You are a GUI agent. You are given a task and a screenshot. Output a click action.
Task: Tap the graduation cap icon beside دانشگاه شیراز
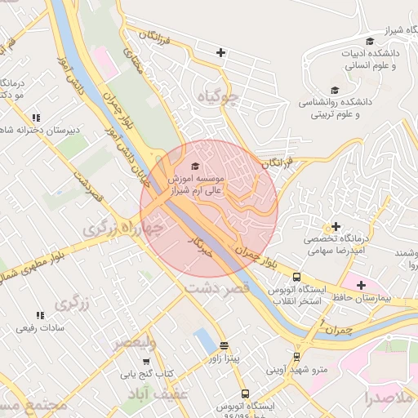coord(369,42)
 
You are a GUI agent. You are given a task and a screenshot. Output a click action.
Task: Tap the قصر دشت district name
coord(216,289)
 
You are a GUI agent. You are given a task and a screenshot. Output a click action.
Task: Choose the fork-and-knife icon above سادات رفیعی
coord(39,315)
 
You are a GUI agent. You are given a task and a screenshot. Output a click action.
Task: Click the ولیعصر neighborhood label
coord(135,342)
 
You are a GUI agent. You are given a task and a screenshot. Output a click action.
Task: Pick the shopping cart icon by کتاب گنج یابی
coord(146,361)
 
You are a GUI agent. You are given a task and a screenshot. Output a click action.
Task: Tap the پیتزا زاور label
coord(224,358)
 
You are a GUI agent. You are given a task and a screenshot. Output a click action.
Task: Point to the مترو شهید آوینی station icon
coord(296,356)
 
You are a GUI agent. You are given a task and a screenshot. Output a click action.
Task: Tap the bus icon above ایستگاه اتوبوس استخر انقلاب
coord(296,277)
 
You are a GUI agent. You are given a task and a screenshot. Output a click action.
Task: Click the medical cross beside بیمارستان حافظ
coord(361,284)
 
